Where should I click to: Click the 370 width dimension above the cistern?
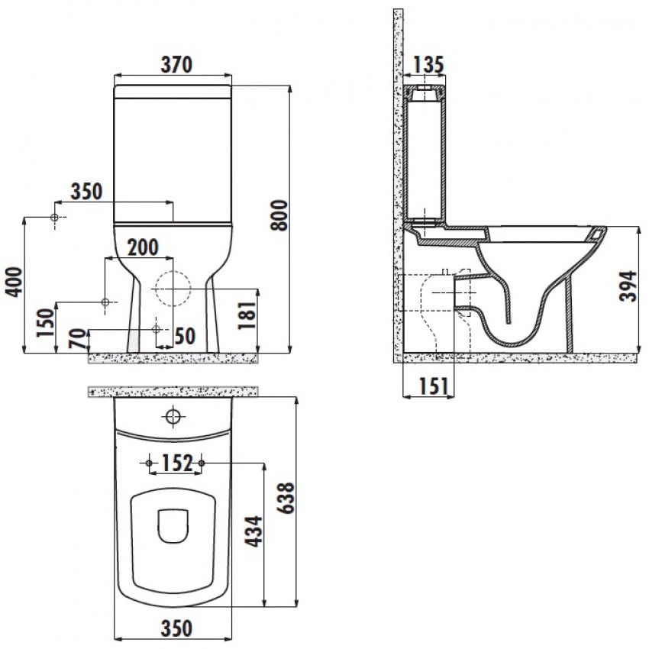[x=176, y=65]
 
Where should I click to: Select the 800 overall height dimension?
[x=279, y=215]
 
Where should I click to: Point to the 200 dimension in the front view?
[x=143, y=247]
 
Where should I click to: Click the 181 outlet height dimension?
[x=247, y=315]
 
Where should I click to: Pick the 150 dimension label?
[x=46, y=323]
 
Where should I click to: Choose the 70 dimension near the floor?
[x=79, y=338]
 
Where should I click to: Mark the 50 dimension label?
[x=185, y=336]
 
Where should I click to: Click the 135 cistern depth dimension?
[x=428, y=65]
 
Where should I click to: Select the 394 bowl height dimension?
[x=628, y=286]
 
